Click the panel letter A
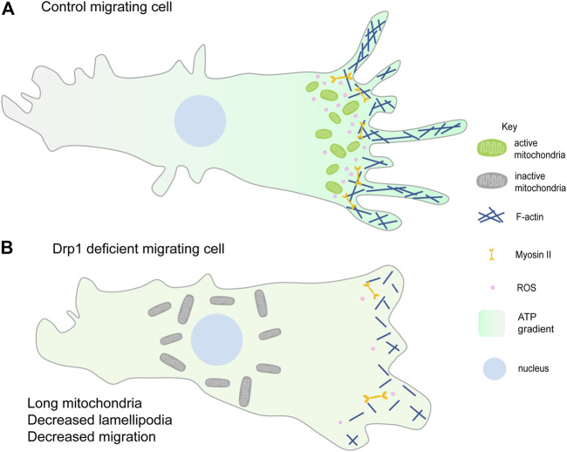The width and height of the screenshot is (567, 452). tap(8, 8)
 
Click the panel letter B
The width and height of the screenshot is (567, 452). tap(7, 249)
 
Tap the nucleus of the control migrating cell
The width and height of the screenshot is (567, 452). tap(200, 120)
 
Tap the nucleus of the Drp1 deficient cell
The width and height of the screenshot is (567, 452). tap(216, 339)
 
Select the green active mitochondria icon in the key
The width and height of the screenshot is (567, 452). tap(492, 148)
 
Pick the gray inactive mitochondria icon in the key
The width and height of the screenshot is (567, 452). tap(492, 181)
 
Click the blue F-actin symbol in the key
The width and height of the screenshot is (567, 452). tap(491, 216)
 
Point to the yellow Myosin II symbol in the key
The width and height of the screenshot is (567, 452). tap(491, 255)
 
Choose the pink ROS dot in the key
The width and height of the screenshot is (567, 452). tap(492, 288)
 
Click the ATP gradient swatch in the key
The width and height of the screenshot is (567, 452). tap(491, 323)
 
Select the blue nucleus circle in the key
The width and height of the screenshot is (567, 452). tap(495, 369)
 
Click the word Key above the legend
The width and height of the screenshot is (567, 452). tap(509, 127)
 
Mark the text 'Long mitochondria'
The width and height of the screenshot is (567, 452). tap(85, 403)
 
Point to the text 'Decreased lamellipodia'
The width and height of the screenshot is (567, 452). tap(99, 420)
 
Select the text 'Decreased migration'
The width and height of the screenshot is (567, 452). tap(92, 436)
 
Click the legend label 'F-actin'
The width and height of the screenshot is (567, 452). tap(529, 217)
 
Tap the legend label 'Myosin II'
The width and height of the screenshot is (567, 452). tap(533, 255)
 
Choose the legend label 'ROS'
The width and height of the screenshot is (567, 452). tap(527, 288)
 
